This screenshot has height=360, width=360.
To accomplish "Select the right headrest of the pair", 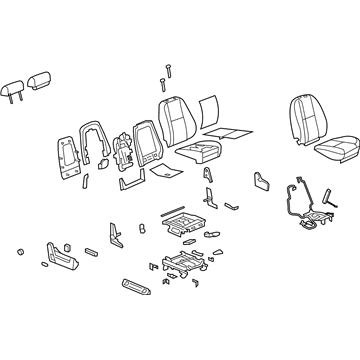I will (42, 78).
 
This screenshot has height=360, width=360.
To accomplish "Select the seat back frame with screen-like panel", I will (141, 146).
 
